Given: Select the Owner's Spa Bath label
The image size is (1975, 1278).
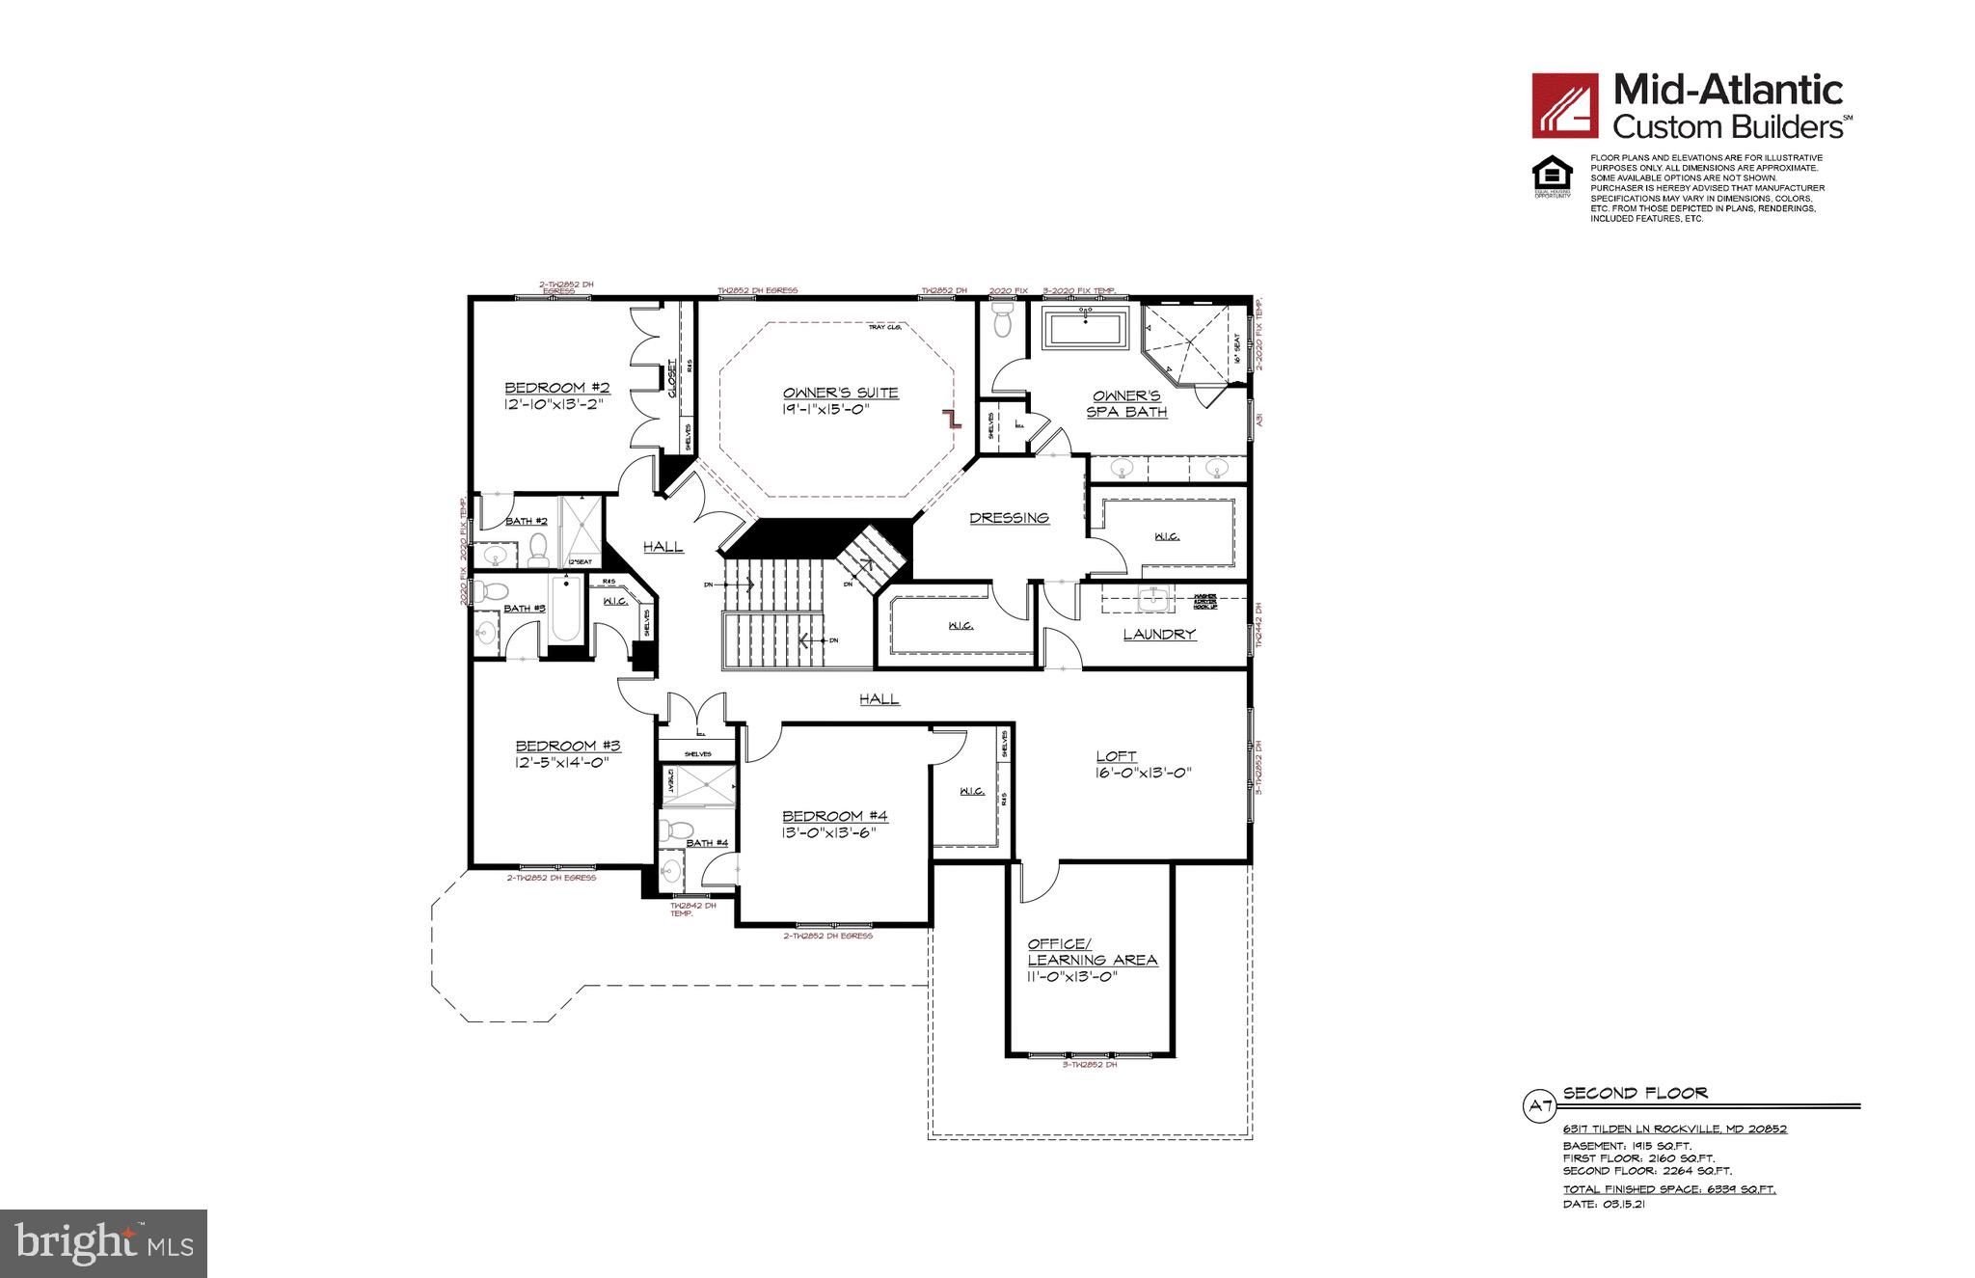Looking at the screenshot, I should [x=1126, y=403].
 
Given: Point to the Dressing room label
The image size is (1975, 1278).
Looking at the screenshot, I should [x=1009, y=518].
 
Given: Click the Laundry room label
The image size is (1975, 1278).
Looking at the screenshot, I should [x=1159, y=635].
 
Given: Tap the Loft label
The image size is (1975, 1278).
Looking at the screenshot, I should [x=1116, y=756].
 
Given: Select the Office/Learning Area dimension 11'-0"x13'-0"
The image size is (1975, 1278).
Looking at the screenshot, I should [x=1071, y=976].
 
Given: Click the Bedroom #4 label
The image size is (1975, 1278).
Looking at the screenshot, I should [x=834, y=816].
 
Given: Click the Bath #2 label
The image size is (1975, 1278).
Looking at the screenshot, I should [x=527, y=521].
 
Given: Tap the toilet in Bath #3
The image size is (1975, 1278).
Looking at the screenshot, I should [x=494, y=590].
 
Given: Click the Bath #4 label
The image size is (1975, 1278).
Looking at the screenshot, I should [x=707, y=843].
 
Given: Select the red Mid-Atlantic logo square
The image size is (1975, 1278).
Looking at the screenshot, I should [x=1566, y=106].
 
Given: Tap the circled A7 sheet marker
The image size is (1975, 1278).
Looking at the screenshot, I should [x=1537, y=1105].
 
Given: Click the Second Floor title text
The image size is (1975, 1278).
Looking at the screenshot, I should [x=1635, y=1093].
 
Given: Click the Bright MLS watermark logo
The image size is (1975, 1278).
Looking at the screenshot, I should [x=104, y=1244].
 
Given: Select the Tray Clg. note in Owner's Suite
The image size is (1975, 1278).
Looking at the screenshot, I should [x=884, y=327].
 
